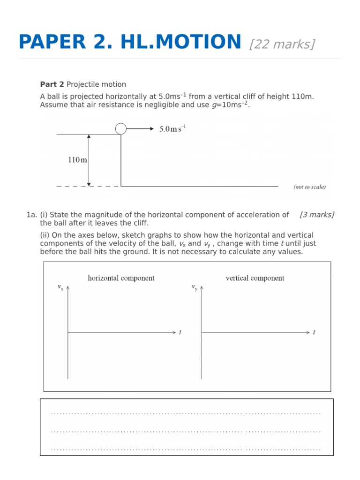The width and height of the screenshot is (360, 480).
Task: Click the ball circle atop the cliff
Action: point(121,128)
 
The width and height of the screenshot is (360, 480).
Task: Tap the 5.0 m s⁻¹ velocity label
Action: point(172,129)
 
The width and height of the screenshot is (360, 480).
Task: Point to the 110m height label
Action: point(77,160)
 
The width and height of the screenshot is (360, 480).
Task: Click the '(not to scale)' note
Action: point(309,187)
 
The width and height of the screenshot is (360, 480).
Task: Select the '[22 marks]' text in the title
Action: point(282,44)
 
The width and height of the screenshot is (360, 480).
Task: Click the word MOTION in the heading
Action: point(194,42)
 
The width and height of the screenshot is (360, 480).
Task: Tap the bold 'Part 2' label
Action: point(52,84)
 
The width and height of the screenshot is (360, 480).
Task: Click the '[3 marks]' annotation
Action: point(317,215)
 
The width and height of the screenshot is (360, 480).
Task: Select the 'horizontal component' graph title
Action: point(121,278)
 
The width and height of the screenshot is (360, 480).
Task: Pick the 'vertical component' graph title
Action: point(255,278)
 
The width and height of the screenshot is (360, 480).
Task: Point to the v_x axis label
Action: point(60,287)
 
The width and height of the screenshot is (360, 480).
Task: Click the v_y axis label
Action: point(194,287)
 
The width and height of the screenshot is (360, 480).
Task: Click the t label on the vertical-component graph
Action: point(314,332)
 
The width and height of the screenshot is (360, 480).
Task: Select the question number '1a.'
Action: point(32,215)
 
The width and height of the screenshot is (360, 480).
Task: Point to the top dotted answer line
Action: point(186,413)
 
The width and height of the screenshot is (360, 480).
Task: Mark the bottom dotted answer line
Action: point(186,449)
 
